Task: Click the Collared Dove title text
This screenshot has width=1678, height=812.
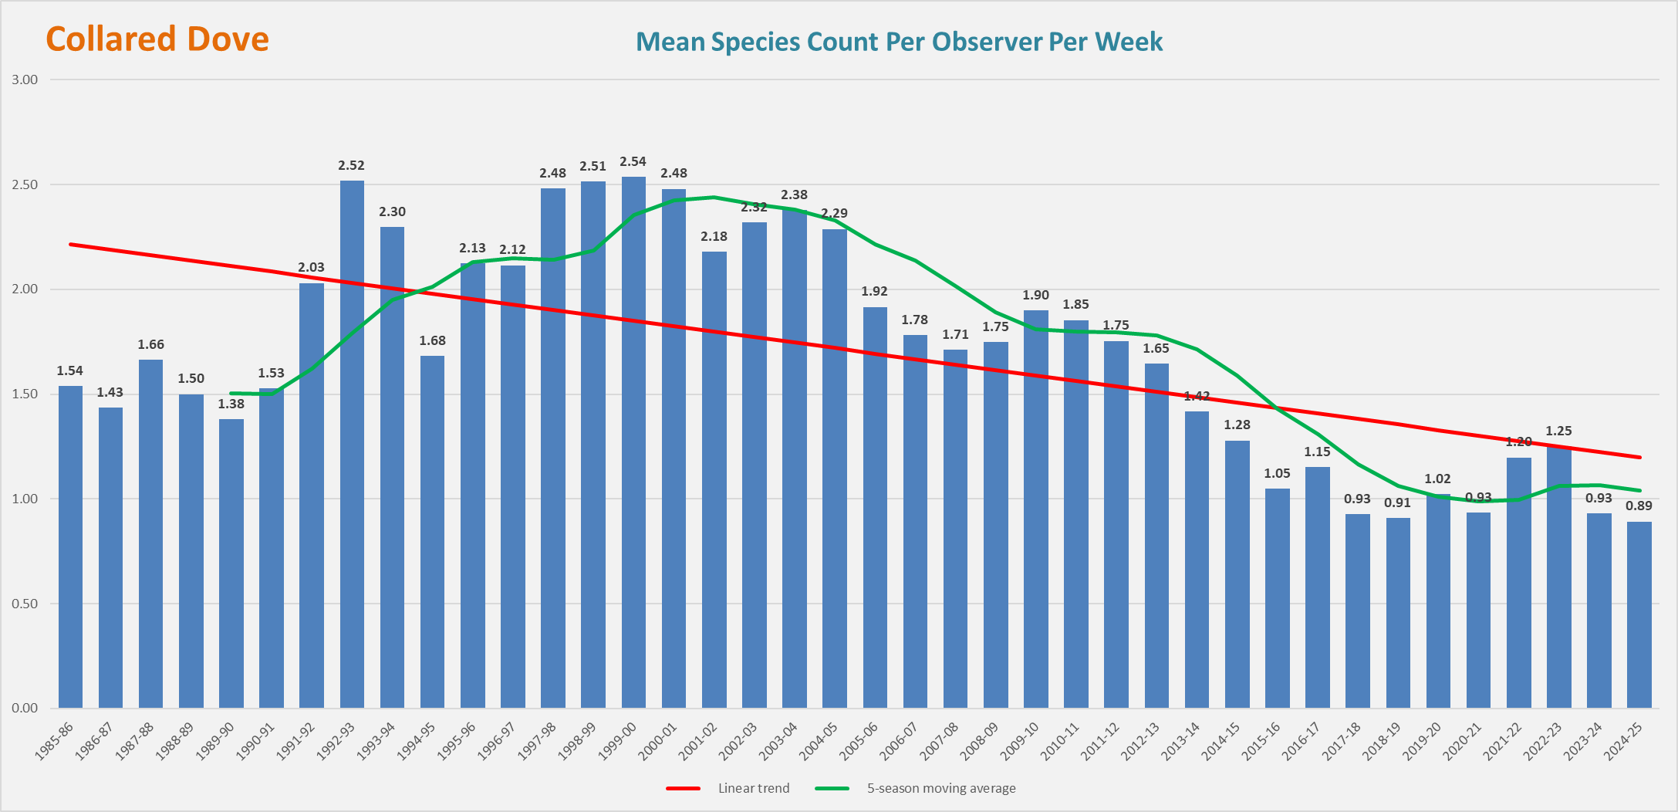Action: point(157,39)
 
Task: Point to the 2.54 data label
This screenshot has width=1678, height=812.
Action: point(633,162)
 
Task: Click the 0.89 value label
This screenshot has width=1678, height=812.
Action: point(1639,506)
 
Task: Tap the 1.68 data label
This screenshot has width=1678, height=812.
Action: point(432,341)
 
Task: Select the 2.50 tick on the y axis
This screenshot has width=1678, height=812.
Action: point(25,185)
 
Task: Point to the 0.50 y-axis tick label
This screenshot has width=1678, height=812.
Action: point(25,604)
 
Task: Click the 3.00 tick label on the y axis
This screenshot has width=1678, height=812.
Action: point(25,80)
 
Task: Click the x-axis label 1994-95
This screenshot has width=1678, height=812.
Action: point(417,742)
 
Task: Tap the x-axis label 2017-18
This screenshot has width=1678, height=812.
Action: point(1342,742)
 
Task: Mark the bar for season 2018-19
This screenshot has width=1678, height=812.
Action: point(1397,613)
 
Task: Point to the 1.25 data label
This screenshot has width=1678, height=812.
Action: point(1558,431)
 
